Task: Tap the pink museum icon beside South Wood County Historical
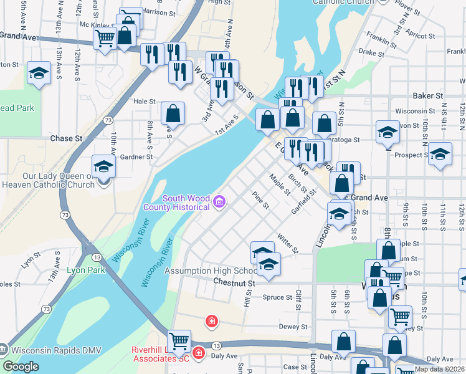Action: click(x=219, y=201)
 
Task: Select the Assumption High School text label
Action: click(x=210, y=271)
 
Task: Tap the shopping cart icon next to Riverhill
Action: click(x=179, y=340)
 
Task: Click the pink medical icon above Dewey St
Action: click(x=212, y=321)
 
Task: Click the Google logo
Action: click(x=21, y=367)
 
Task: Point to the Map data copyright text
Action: click(x=440, y=369)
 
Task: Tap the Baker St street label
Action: click(x=427, y=97)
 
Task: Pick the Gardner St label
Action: click(x=136, y=157)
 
